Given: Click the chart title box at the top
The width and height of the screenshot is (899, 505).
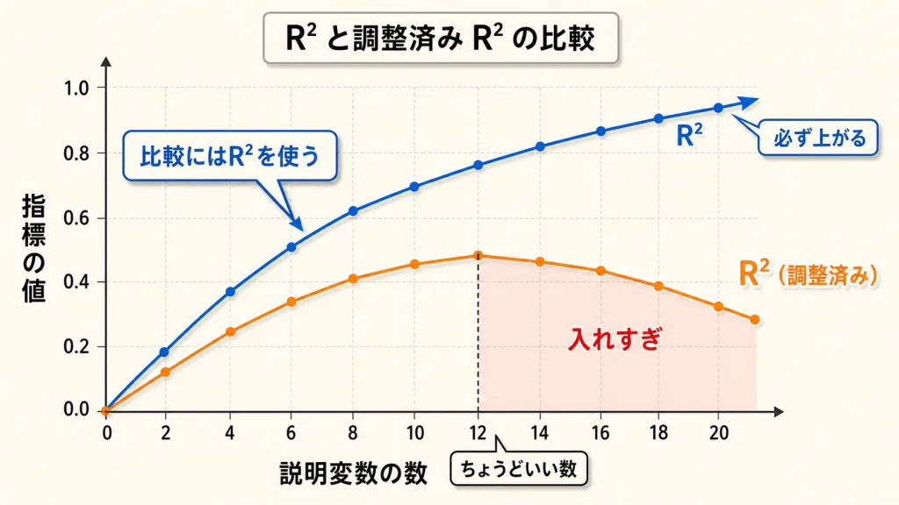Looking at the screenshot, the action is coord(441,38).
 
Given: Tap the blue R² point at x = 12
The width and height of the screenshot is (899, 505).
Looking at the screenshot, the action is coord(478,165).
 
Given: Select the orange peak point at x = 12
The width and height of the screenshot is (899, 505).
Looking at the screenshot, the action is coord(478,256).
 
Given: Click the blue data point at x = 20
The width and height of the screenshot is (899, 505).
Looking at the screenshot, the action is coord(718,108).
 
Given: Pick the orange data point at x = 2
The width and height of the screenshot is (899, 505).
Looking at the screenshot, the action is coord(166,372).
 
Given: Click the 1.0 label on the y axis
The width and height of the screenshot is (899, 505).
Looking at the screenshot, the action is coord(76,89).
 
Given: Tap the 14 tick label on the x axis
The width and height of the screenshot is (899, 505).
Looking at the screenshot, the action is coord(539,433).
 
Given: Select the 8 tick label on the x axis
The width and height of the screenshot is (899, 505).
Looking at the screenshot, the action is coord(353,433).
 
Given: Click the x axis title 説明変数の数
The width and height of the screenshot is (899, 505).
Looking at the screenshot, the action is coord(354,473).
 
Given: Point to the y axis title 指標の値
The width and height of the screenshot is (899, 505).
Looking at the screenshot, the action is coord(33,248).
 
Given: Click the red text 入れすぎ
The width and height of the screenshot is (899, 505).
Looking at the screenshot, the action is coord(615,339).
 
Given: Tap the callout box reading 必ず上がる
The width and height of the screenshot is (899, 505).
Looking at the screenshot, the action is coord(818,138).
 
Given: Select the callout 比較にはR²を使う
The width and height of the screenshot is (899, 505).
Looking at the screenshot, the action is coord(229,156).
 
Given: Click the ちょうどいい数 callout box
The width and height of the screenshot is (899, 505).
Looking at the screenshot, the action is coord(519,470).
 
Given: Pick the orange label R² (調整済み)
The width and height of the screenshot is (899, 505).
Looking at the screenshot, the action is coord(808,274).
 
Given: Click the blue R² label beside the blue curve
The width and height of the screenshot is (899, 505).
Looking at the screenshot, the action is coord(689,136).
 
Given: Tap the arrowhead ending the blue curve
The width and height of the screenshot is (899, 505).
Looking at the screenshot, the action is coord(747,103).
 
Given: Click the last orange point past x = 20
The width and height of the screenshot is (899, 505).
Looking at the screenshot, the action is coord(754,319).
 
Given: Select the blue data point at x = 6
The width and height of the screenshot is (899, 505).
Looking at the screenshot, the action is coord(291,246).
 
